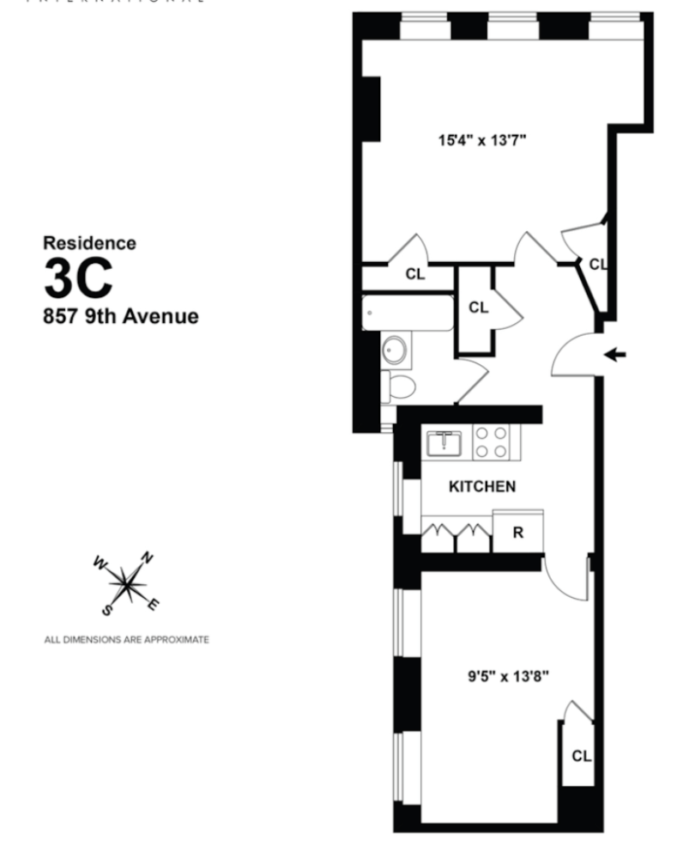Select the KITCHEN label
click(x=482, y=486)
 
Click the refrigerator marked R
click(x=517, y=532)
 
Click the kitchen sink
click(x=444, y=443)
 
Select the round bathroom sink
click(x=396, y=350)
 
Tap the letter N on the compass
click(x=148, y=558)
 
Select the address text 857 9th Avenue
click(x=121, y=316)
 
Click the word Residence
click(x=89, y=243)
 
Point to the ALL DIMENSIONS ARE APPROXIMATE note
click(x=126, y=640)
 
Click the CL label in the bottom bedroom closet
click(x=581, y=757)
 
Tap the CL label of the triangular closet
click(x=597, y=265)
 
